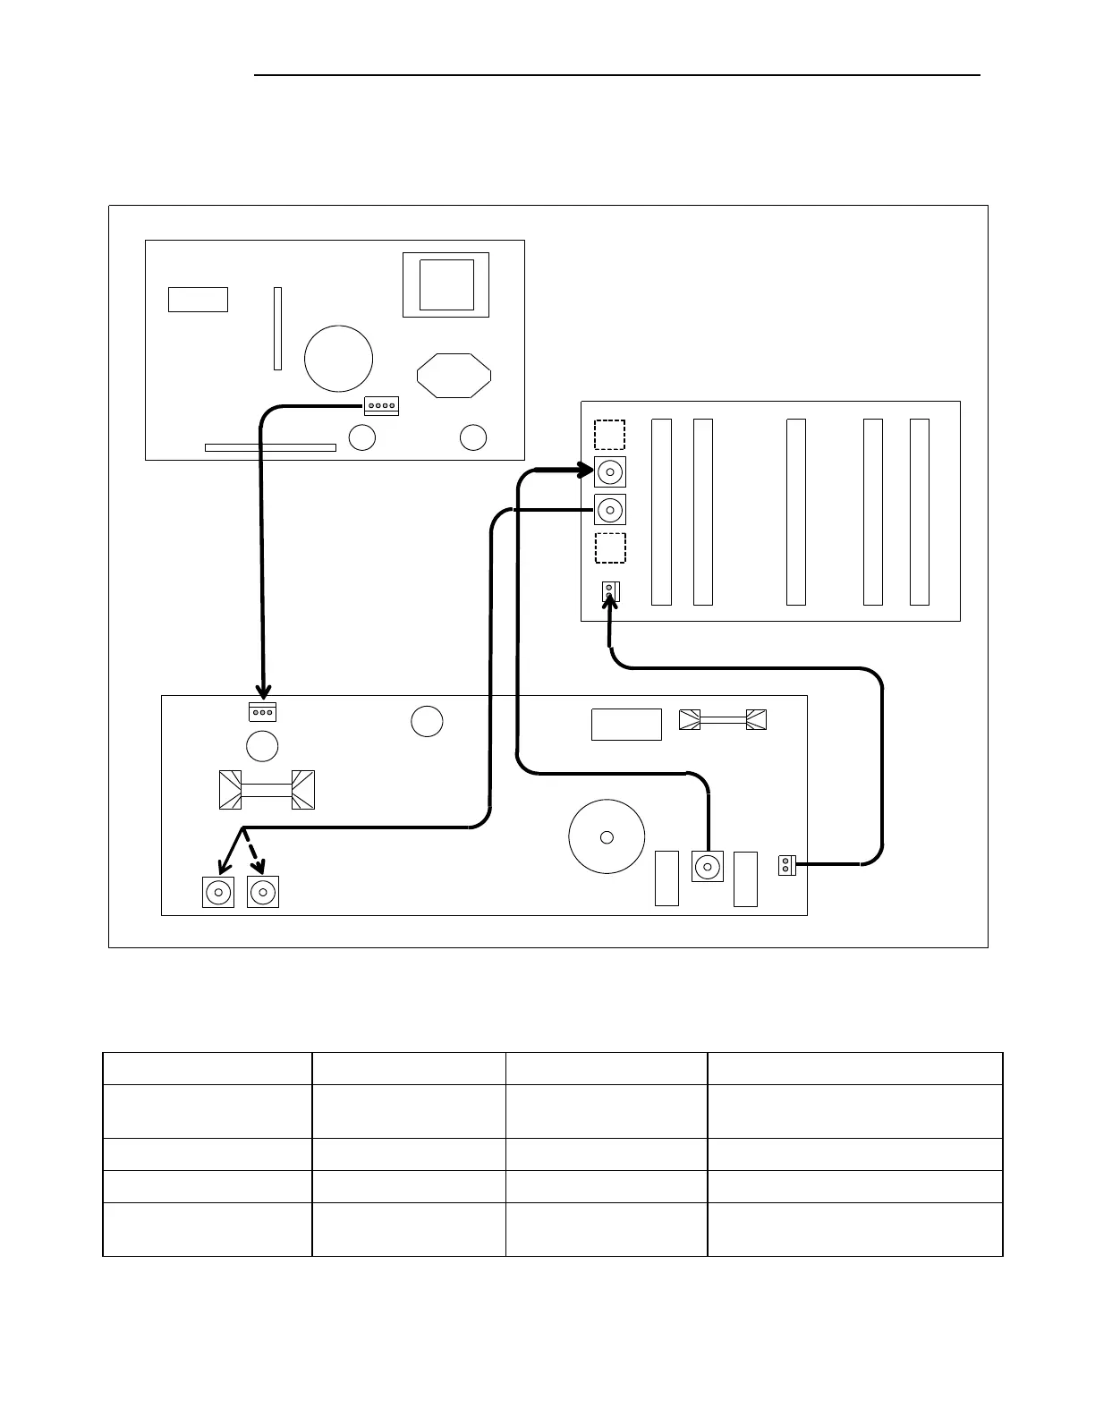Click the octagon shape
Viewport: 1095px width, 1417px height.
pos(454,375)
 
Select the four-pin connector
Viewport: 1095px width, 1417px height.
pos(381,406)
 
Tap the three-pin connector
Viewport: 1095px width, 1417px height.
pos(262,712)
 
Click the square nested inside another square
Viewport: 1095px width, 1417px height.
pos(446,284)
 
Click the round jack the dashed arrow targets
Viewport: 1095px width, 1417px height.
pos(263,892)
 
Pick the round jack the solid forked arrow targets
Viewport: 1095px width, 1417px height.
pos(218,892)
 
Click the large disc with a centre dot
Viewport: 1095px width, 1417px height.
pos(607,836)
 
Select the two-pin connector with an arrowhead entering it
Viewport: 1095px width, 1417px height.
pos(610,591)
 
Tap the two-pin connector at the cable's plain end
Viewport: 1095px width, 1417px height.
pos(786,865)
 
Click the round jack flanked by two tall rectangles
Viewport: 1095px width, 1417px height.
pos(708,866)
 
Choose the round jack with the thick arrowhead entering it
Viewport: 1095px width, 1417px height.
pos(610,471)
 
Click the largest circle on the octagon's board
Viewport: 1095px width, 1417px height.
pos(338,358)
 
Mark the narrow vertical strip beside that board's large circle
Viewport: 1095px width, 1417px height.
pos(277,328)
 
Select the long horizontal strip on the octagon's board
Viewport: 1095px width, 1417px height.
pos(270,447)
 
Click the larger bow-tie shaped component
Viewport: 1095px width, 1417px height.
pos(267,790)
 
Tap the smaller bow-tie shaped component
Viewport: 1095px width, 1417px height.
pos(723,719)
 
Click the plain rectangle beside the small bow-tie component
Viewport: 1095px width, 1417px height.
pos(626,725)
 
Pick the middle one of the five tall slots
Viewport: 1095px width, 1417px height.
pos(795,512)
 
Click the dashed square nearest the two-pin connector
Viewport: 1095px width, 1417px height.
pos(610,547)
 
